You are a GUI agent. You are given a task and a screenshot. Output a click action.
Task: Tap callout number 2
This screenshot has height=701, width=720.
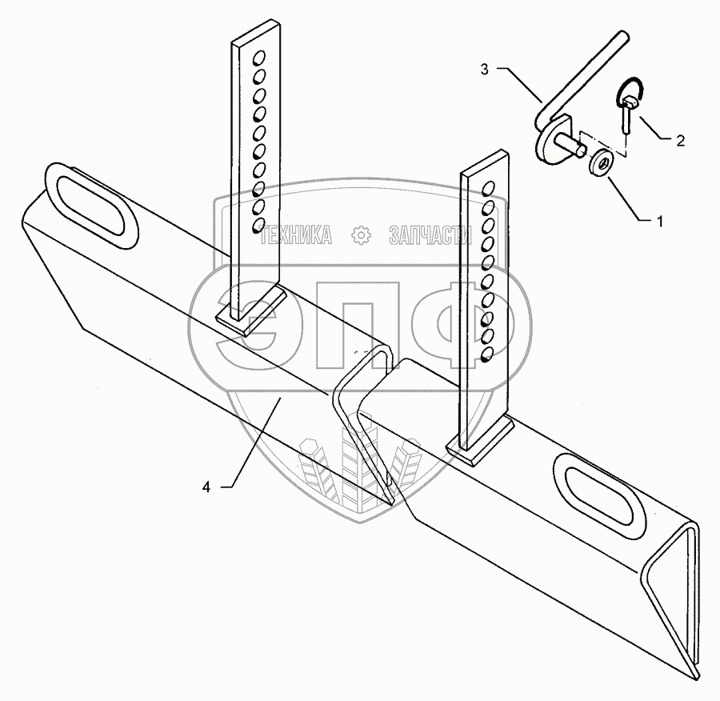click(680, 141)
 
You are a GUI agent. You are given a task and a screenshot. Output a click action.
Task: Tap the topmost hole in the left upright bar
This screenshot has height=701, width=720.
click(258, 58)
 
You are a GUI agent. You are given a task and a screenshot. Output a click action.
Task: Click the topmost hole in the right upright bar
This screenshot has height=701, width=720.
click(489, 188)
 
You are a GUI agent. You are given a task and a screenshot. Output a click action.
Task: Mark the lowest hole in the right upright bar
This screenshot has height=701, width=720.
click(486, 353)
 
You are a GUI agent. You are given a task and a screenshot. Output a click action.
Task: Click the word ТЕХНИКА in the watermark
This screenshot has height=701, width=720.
click(298, 234)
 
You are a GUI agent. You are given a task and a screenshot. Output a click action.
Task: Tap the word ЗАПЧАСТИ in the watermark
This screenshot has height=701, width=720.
click(428, 234)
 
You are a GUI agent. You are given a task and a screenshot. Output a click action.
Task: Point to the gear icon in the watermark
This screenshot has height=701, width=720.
click(361, 234)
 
